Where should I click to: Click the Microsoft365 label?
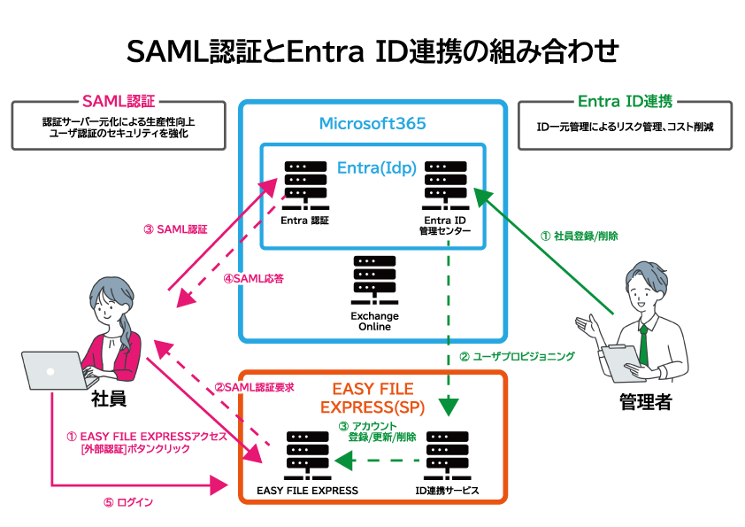coord(372,123)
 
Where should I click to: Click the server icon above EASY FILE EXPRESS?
coord(307,453)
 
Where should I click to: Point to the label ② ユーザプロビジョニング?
coord(517,357)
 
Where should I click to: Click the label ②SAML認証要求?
coord(254,387)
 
